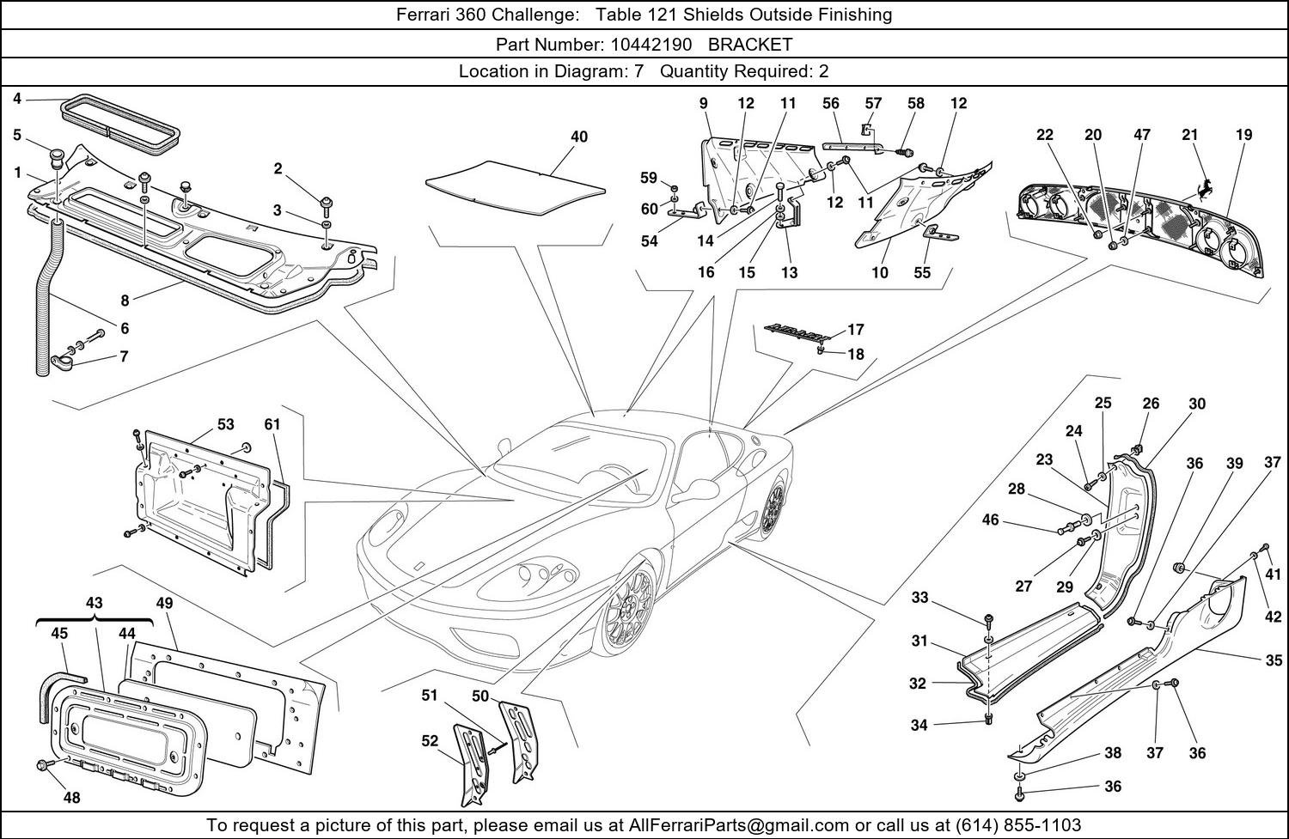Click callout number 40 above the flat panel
pos(579,137)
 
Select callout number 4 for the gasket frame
pos(17,99)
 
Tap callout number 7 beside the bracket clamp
pos(124,356)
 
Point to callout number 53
pos(225,424)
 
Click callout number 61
pos(272,424)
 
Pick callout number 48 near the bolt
pos(71,798)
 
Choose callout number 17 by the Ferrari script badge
pos(856,330)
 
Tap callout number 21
pos(1190,134)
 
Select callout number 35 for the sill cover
pos(1274,660)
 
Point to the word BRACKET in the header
pos(750,44)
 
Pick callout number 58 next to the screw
pos(916,103)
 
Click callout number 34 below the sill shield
pos(919,725)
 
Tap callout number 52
pos(429,740)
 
